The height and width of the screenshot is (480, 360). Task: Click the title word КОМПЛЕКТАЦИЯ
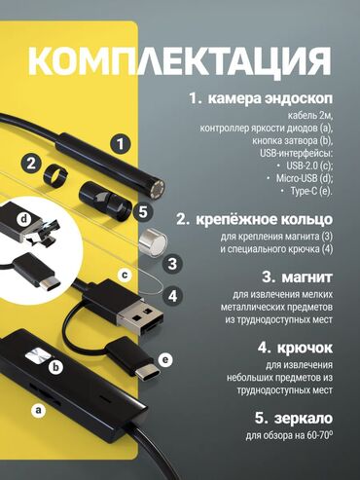(x=180, y=61)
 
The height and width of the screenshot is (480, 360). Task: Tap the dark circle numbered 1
(x=121, y=144)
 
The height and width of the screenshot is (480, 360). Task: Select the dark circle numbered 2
(x=31, y=164)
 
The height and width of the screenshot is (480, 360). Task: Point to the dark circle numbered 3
(x=172, y=263)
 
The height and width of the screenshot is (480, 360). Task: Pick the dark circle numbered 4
(x=172, y=296)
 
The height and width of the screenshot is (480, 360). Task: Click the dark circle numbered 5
(x=143, y=212)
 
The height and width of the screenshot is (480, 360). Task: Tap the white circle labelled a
(x=39, y=410)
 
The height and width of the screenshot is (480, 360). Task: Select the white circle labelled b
(x=56, y=367)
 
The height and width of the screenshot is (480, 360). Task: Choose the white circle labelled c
(x=125, y=276)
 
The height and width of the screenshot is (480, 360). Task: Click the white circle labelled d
(x=24, y=220)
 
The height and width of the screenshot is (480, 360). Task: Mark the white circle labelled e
(x=165, y=359)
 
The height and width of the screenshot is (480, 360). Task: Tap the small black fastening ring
(x=54, y=175)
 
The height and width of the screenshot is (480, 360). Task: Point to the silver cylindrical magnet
(x=153, y=241)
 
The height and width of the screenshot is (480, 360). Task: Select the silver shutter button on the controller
(x=38, y=356)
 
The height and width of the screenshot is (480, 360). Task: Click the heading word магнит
(x=306, y=277)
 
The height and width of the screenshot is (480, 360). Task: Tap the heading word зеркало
(x=304, y=418)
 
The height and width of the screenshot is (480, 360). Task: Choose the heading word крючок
(x=305, y=349)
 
